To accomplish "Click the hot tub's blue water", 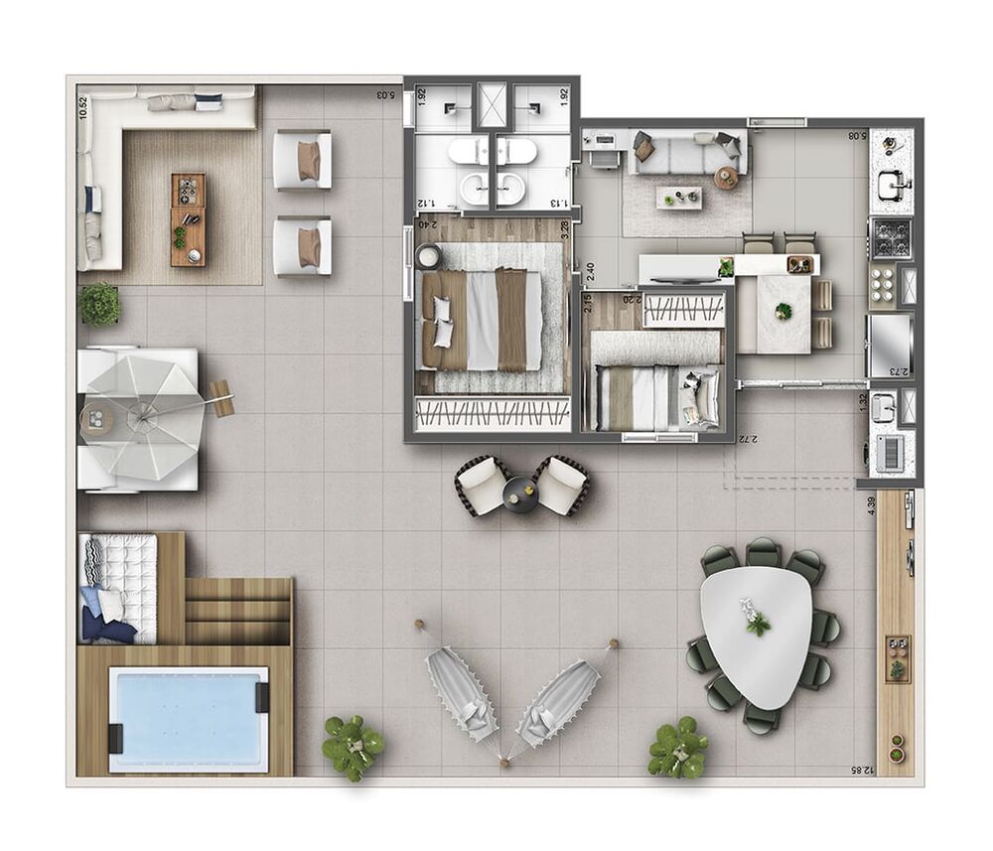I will tap(188, 718).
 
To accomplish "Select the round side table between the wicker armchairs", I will tap(520, 491).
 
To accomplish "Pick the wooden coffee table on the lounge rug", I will tap(187, 218).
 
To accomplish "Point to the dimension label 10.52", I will tap(84, 106).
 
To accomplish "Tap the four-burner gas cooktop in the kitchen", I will tap(890, 238).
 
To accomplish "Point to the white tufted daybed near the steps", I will tap(119, 586).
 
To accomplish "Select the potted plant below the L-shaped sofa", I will tap(99, 304).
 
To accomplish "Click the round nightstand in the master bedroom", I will tap(430, 257).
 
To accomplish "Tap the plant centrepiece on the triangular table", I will tap(758, 621).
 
